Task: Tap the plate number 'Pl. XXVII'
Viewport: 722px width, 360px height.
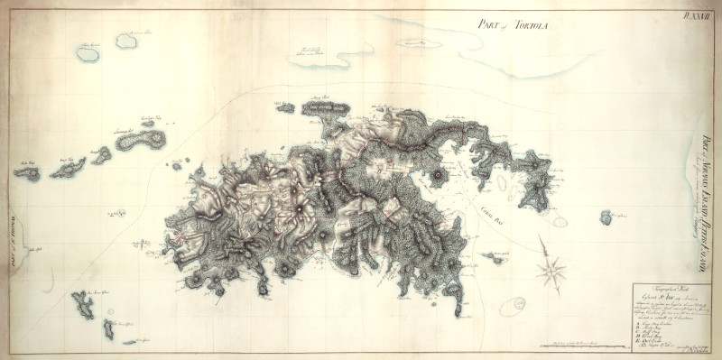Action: coord(699,13)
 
